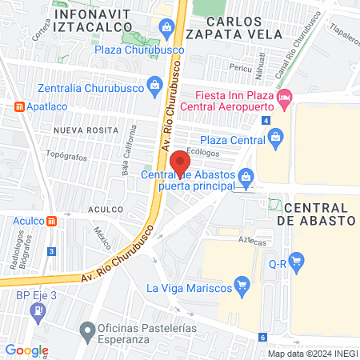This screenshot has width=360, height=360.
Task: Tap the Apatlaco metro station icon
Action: coord(19,106)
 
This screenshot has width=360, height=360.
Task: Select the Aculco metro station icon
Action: coord(52,221)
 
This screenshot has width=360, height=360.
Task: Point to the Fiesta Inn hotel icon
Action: coord(284,98)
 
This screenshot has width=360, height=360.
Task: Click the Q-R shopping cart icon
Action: coord(296,260)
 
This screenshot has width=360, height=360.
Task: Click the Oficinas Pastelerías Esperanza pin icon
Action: coord(87,329)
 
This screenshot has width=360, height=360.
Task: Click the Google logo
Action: coord(26,350)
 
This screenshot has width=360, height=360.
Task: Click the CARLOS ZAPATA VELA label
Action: coord(233,26)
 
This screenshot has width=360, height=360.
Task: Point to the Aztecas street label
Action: coord(250,241)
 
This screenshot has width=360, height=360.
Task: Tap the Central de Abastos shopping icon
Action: coord(247,175)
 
